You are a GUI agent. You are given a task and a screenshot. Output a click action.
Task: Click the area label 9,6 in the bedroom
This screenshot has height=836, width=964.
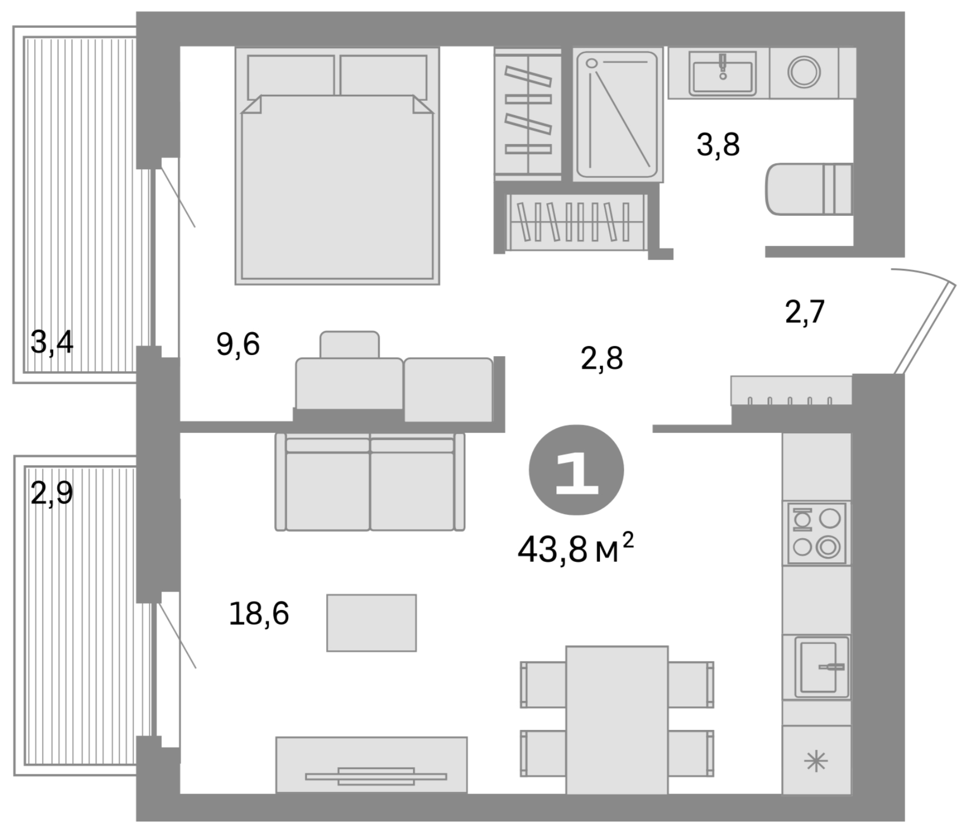pos(238,344)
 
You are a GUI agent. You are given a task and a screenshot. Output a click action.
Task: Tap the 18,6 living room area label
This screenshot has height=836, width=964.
pos(259,614)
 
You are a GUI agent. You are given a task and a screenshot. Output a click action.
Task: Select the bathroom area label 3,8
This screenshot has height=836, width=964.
pos(718,145)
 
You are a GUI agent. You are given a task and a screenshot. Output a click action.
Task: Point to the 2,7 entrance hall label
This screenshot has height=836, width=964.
pos(804,312)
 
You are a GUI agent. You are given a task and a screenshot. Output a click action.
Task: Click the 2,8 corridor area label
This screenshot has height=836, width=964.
pos(601,359)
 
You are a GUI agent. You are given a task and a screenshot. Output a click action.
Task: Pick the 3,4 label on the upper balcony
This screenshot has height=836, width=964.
pos(51,342)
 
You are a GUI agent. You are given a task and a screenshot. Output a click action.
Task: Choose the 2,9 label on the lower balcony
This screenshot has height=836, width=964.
pos(51,493)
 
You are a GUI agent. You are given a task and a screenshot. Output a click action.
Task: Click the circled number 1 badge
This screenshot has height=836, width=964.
pos(576,470)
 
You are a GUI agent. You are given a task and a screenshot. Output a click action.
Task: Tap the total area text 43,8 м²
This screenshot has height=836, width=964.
pos(575,550)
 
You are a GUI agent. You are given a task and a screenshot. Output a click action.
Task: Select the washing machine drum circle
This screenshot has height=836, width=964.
pos(804,72)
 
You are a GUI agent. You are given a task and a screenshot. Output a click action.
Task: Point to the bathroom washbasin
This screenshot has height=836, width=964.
pos(722,74)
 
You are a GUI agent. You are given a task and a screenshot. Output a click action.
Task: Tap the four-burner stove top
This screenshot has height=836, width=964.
pos(816,533)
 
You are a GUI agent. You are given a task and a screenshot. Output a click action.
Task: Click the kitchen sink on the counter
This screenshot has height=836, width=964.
pos(821,667)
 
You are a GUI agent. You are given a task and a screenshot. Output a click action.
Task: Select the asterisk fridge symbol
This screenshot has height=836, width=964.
pos(816,762)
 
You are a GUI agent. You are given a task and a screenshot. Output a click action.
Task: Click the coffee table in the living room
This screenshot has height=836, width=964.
pos(371,623)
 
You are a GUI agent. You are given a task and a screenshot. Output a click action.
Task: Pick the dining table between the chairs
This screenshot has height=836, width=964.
pos(616,719)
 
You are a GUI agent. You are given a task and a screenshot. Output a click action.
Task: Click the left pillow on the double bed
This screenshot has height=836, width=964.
pos(291,76)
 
